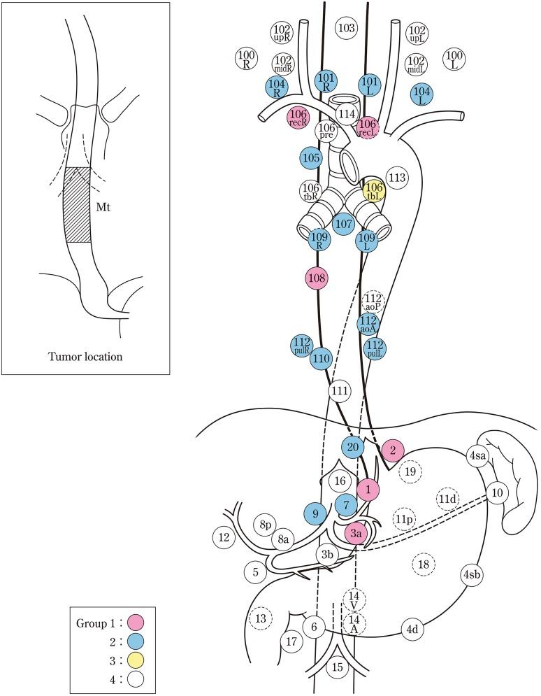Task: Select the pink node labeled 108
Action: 317,278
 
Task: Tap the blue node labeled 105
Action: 312,157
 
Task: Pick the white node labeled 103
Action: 346,28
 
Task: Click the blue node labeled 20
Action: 354,446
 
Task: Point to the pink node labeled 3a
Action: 356,534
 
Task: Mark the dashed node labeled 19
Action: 410,472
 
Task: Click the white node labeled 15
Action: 338,667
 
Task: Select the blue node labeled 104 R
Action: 277,87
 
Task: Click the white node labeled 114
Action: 346,113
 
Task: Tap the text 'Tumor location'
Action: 85,356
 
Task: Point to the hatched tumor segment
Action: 78,204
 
